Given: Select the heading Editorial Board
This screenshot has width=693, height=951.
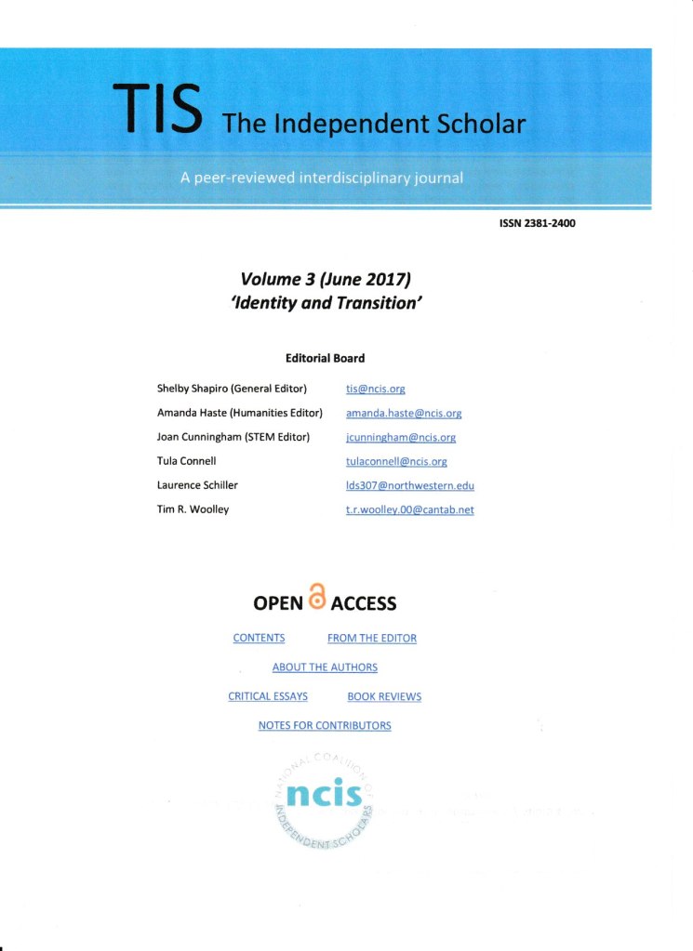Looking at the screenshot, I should pyautogui.click(x=325, y=358).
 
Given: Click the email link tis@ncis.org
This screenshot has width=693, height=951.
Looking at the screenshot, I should pyautogui.click(x=375, y=390).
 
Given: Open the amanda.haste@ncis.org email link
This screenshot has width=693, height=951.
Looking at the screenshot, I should pyautogui.click(x=404, y=414).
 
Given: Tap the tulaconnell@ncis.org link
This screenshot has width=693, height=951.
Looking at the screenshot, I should pyautogui.click(x=396, y=462).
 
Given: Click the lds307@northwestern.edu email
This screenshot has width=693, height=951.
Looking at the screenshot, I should pyautogui.click(x=409, y=485).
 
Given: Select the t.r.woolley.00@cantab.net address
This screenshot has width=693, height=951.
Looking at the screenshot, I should pyautogui.click(x=409, y=509).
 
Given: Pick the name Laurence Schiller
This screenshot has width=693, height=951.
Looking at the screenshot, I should pyautogui.click(x=197, y=485).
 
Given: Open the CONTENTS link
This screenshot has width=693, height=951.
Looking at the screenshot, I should pyautogui.click(x=259, y=639).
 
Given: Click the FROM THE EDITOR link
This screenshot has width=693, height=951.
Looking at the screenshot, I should pyautogui.click(x=372, y=639).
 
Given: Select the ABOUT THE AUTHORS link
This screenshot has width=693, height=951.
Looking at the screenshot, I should pyautogui.click(x=325, y=667).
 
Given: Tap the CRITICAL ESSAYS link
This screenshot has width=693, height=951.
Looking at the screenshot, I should pyautogui.click(x=268, y=696).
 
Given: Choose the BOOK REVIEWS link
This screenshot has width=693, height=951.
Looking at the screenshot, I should pyautogui.click(x=384, y=696).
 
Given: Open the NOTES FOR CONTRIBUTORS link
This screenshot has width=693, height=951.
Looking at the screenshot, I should pyautogui.click(x=325, y=725).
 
